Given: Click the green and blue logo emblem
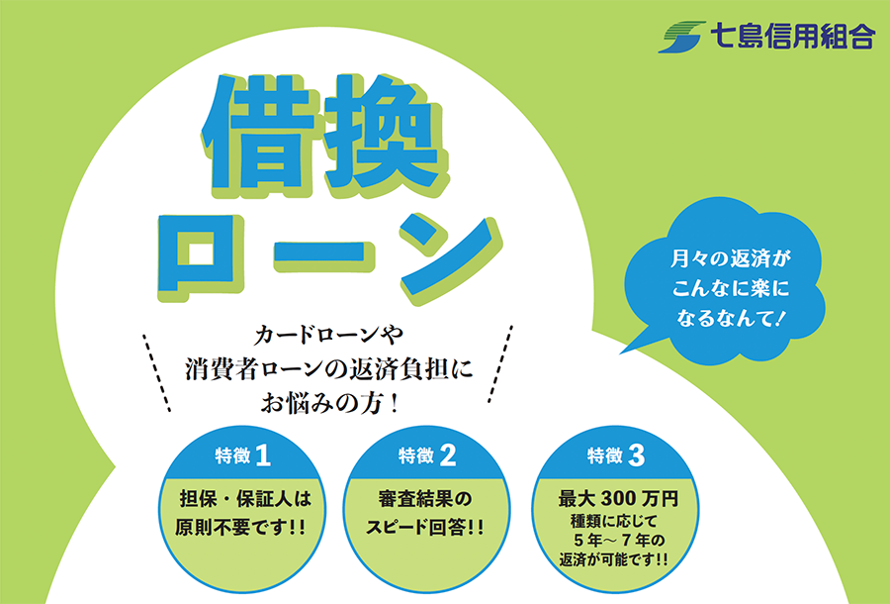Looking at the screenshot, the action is pos(681,37).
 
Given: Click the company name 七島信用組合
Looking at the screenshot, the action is pos(793,37).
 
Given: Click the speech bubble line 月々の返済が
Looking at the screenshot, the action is pos(730,259).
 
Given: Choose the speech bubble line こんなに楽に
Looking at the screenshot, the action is pos(731,289).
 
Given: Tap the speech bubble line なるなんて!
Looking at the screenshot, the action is pos(731,318).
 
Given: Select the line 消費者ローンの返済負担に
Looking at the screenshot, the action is pos(329,370).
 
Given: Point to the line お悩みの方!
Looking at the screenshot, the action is pos(329,405).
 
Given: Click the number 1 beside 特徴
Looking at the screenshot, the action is pos(263,455).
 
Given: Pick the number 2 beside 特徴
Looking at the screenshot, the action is pos(447,455).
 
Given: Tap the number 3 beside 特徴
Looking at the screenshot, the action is pos(636,455).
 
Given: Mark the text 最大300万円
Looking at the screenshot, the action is pos(618,499).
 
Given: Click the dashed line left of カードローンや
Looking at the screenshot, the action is pos(156,372).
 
